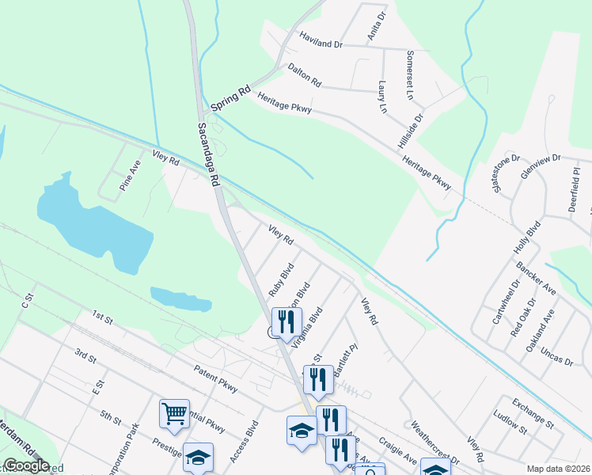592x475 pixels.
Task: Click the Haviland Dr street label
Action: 320,41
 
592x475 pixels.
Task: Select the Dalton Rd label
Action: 305,75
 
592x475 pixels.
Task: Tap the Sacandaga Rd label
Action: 208,154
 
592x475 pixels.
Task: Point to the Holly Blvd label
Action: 528,237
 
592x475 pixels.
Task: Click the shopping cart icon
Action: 174,413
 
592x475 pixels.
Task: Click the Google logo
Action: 26,465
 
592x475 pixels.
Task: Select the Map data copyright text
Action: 559,469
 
